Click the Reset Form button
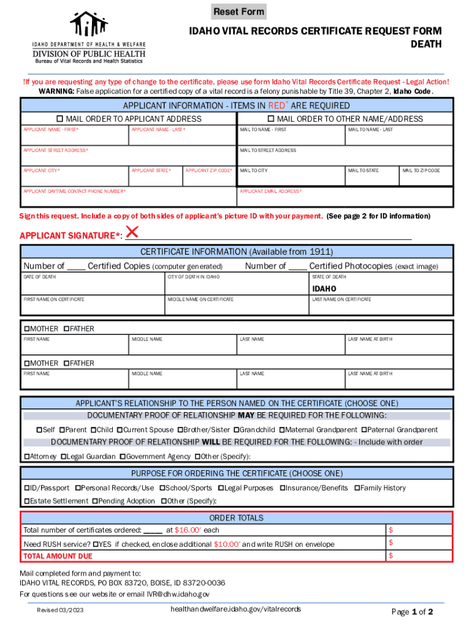pyautogui.click(x=239, y=12)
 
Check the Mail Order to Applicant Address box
pyautogui.click(x=60, y=119)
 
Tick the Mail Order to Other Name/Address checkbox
pyautogui.click(x=271, y=119)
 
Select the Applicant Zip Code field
pyautogui.click(x=209, y=178)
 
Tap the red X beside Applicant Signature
pyautogui.click(x=132, y=233)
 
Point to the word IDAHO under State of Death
pyautogui.click(x=324, y=288)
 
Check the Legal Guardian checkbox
pyautogui.click(x=64, y=456)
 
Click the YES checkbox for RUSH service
pyautogui.click(x=96, y=544)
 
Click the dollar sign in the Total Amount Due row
pyautogui.click(x=390, y=555)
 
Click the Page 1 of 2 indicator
pyautogui.click(x=412, y=612)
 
